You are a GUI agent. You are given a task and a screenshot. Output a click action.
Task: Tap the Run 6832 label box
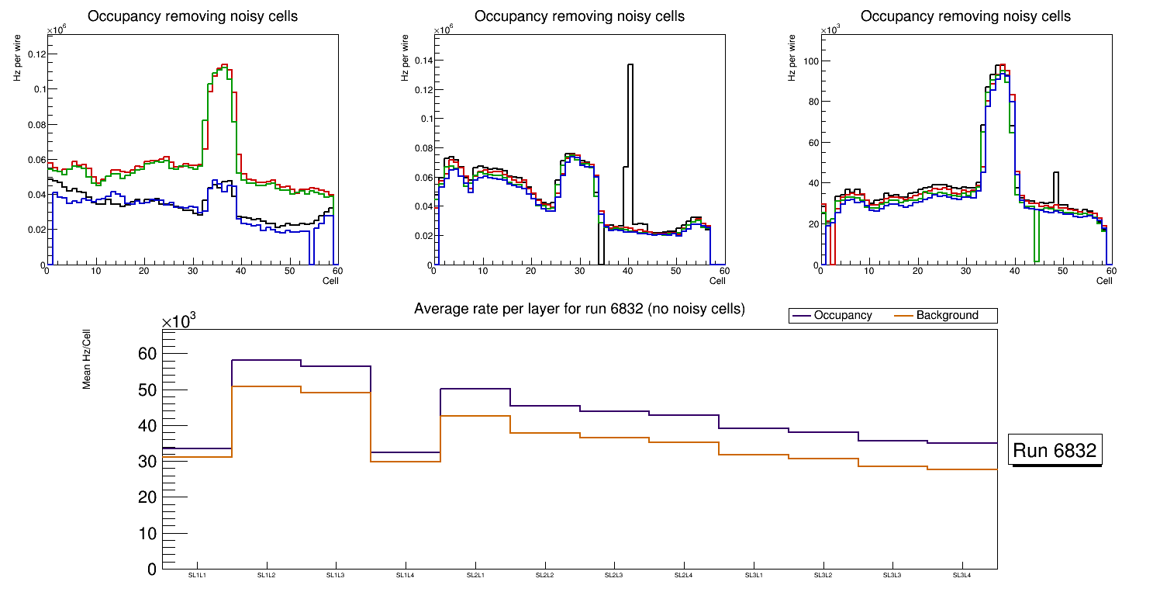click(1055, 450)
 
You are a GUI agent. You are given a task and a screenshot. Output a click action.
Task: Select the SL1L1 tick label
click(197, 575)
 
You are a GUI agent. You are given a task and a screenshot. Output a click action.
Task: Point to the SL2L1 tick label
click(475, 575)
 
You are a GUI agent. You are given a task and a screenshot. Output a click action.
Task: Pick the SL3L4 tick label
click(962, 575)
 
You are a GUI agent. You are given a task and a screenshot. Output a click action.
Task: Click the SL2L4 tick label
click(684, 575)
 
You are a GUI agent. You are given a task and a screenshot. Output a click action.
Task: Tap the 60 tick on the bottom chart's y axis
click(147, 354)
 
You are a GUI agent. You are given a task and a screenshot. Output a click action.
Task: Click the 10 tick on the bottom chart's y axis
click(147, 534)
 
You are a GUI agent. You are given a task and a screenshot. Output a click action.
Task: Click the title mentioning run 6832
click(579, 309)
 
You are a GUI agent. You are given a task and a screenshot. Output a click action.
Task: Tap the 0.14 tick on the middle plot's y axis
click(419, 61)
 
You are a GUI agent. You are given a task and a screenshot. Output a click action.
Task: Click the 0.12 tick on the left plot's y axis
click(33, 54)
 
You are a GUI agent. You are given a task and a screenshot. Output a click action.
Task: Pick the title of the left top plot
click(192, 16)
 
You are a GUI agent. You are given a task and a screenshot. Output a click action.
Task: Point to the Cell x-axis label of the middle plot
click(716, 280)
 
